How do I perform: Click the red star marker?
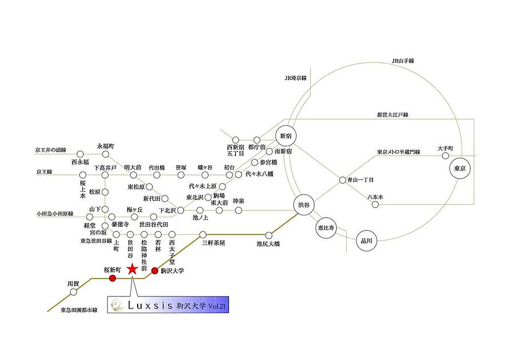coord(132,269)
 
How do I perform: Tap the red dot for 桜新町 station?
coord(113,278)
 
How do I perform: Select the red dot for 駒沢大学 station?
coord(155,270)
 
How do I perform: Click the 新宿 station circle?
coord(286,136)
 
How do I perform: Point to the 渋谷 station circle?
coord(304,205)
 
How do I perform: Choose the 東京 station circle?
coord(460,169)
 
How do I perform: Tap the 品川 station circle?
coord(367,241)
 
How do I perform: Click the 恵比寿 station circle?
coord(326,228)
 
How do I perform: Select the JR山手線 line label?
coord(403,61)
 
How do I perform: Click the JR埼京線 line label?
coord(296,78)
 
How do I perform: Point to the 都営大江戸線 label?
coord(393,115)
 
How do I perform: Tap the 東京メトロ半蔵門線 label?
coord(399,152)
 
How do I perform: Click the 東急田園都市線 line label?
coord(79,310)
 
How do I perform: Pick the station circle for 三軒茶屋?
coord(203,234)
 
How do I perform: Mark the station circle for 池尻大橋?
coord(269,235)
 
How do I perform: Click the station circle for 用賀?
coord(74,292)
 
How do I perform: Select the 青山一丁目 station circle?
coord(342,180)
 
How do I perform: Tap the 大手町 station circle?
coord(446,156)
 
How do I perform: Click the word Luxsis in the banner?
coord(150,305)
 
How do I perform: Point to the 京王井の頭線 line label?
coord(51,150)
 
